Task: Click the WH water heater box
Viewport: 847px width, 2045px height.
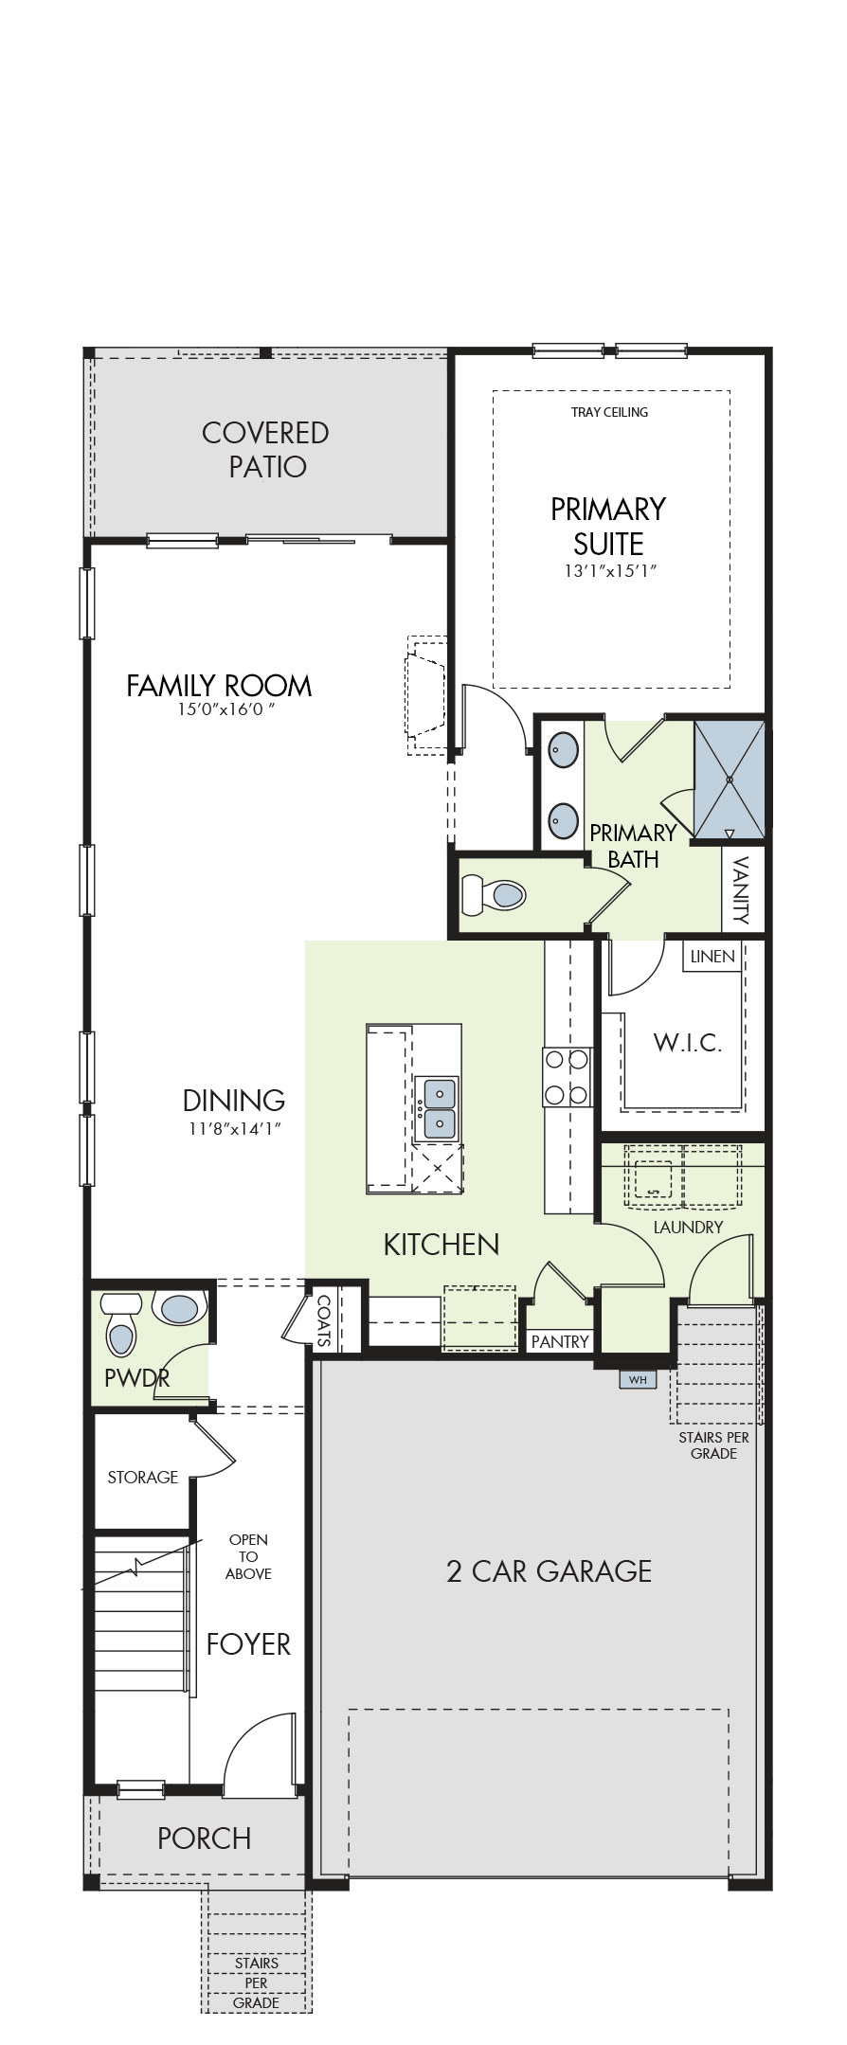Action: [638, 1379]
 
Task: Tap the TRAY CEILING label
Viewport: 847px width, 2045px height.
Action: [610, 412]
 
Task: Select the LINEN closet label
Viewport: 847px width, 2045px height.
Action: [712, 957]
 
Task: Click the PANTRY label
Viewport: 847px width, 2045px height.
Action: [560, 1341]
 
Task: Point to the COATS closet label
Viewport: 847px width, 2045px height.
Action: [324, 1321]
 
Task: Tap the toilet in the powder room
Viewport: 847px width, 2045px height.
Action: [120, 1325]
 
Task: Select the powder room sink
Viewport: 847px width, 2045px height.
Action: [180, 1309]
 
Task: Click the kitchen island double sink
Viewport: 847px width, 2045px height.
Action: [437, 1109]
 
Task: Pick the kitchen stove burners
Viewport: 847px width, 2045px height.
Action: [567, 1077]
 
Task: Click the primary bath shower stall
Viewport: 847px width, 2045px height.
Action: [729, 780]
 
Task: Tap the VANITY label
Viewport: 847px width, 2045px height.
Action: [742, 889]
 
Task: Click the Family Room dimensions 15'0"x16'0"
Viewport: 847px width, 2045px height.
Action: [219, 709]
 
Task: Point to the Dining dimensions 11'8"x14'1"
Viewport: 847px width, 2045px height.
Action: [234, 1128]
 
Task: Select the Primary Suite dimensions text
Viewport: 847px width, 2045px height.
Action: [608, 571]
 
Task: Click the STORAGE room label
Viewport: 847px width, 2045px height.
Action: [143, 1477]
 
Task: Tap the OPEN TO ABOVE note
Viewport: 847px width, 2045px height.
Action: [248, 1556]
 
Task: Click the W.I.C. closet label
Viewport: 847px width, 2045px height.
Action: [688, 1044]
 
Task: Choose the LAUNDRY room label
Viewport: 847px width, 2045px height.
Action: [689, 1227]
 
